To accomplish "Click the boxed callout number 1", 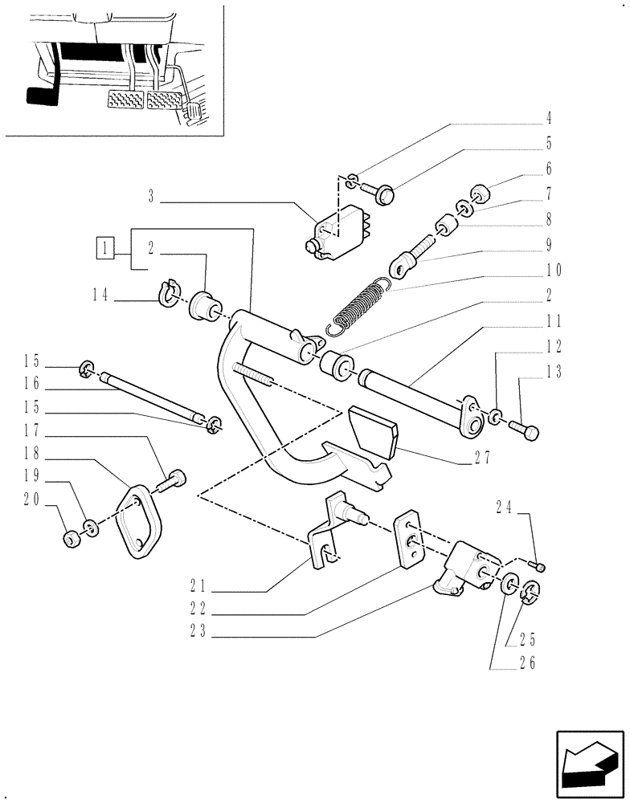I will point(104,247).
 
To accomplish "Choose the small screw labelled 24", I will point(540,567).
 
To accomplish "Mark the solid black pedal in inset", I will point(42,97).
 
